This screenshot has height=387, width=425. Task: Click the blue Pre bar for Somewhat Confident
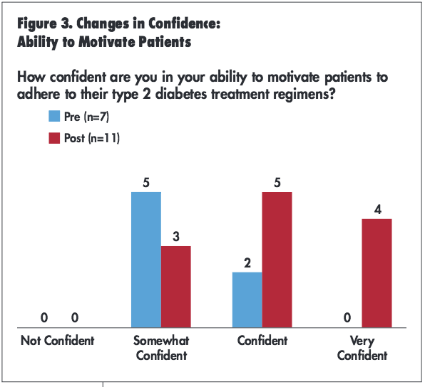(x=146, y=260)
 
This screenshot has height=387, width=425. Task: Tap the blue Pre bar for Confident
(x=247, y=299)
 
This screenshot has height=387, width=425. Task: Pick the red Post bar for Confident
(x=277, y=260)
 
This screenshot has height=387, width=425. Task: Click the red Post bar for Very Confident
(x=377, y=273)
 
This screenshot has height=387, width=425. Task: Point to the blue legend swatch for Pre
(x=55, y=117)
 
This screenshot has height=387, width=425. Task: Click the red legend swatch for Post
(x=55, y=138)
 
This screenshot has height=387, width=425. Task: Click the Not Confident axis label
(x=57, y=341)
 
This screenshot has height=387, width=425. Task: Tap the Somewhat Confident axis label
(x=161, y=348)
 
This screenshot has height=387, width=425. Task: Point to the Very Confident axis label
(x=362, y=348)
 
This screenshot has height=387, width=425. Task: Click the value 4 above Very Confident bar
(x=377, y=209)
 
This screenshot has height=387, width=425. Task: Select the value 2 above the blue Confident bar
(x=247, y=263)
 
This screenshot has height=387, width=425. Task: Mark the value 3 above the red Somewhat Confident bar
(x=176, y=236)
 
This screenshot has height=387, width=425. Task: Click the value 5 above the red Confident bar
(x=277, y=182)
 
